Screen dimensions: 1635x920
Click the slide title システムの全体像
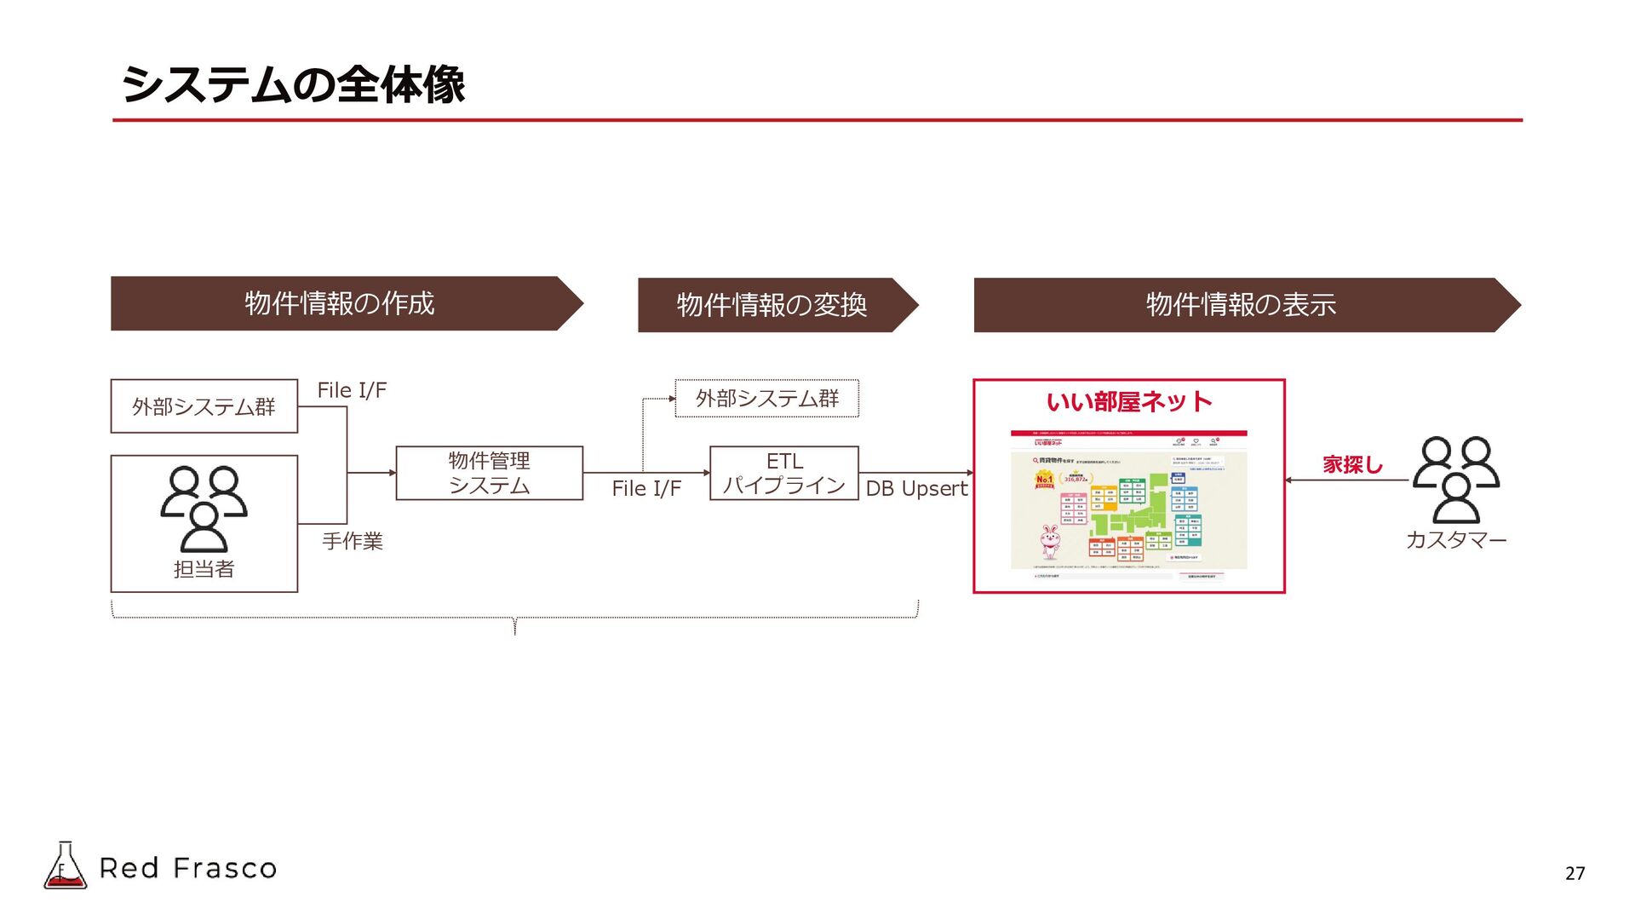tap(293, 84)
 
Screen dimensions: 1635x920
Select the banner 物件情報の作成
tap(340, 303)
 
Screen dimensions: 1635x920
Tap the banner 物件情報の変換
tap(772, 305)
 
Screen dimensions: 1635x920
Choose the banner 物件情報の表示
tap(1241, 305)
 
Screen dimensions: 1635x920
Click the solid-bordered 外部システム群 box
tap(204, 406)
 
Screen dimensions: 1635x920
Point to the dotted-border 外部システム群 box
tap(766, 399)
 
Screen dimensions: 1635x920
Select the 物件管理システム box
tap(489, 473)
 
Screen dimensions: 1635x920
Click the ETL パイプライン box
tap(783, 473)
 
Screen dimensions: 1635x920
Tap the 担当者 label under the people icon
tap(204, 569)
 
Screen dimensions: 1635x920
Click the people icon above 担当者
tap(204, 508)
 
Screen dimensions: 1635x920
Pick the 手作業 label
tap(353, 541)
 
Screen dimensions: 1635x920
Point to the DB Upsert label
tap(916, 489)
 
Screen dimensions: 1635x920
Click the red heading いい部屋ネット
tap(1129, 402)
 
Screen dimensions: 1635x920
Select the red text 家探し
tap(1352, 465)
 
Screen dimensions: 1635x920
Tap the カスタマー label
tap(1455, 540)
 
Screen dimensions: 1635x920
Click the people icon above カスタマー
tap(1455, 479)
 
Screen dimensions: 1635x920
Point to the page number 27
tap(1575, 873)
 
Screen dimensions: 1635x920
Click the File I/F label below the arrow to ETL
tap(646, 489)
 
